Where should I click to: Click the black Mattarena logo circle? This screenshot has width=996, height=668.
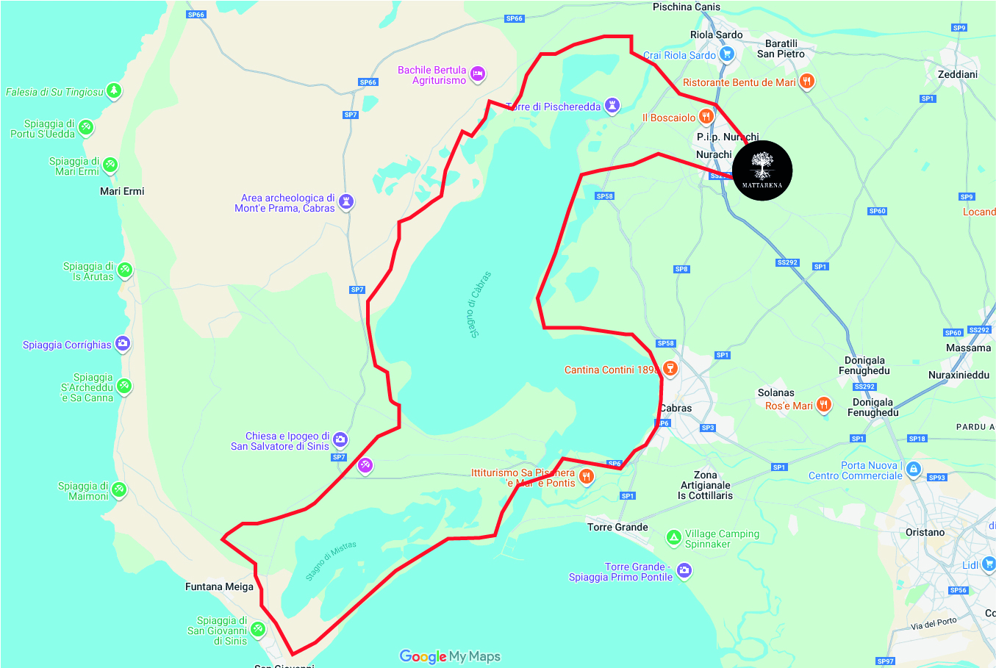(x=762, y=170)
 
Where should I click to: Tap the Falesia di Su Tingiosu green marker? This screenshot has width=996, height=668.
(x=113, y=90)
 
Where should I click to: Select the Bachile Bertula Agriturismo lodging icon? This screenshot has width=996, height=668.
(x=478, y=73)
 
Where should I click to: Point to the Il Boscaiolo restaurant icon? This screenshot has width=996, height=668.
(x=706, y=116)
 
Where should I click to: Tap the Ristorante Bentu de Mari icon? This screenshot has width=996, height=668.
(x=807, y=81)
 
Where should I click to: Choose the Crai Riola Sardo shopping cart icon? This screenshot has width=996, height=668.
(x=727, y=54)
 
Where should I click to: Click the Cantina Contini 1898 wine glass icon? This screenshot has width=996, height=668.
(x=669, y=368)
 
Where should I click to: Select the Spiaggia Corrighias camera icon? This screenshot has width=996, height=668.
(x=123, y=343)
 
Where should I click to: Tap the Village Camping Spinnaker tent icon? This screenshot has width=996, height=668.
(x=673, y=538)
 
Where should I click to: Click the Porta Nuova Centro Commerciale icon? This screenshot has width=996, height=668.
(x=913, y=469)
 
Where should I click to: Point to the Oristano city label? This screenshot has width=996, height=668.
(x=925, y=532)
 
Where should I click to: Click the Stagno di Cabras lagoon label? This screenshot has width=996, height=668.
(x=479, y=304)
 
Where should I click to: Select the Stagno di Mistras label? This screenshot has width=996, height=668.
(x=331, y=561)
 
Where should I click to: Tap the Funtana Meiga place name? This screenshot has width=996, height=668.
(x=219, y=586)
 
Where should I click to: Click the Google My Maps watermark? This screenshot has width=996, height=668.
(x=450, y=656)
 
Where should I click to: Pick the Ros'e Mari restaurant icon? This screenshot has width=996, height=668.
(x=824, y=404)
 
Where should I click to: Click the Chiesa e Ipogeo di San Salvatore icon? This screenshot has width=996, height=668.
(x=340, y=439)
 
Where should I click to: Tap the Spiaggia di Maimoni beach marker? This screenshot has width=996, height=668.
(x=118, y=489)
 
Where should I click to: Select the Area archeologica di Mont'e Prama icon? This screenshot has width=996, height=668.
(x=346, y=201)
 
